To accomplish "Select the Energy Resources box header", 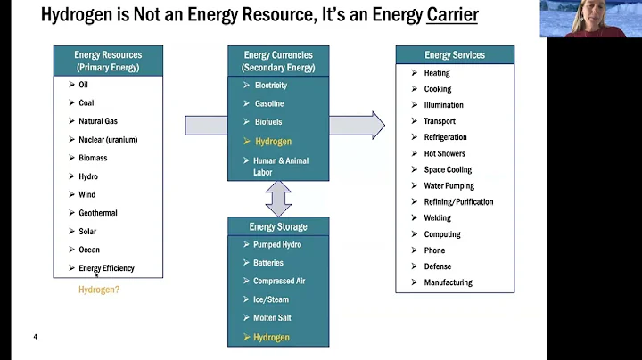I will tap(108, 61).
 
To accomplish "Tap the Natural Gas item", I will tap(98, 121).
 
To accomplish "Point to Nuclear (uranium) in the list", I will tap(108, 140).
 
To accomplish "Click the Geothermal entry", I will tap(98, 213).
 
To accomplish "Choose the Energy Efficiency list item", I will tap(106, 268).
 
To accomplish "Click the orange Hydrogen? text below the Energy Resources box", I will tap(98, 290).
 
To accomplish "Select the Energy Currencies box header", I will tap(277, 61).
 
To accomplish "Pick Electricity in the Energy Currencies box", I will tap(271, 86).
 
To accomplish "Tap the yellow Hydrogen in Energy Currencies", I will tap(273, 142).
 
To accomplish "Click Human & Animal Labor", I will tap(280, 167).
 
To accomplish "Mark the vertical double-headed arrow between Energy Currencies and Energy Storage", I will tap(278, 198).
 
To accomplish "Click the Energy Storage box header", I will tap(278, 226).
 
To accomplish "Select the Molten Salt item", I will tap(272, 318).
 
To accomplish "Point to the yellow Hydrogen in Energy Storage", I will tap(271, 338).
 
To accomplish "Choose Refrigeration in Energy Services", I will tap(445, 137).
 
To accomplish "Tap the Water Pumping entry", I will tap(449, 186).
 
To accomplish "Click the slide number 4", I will tap(35, 337).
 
